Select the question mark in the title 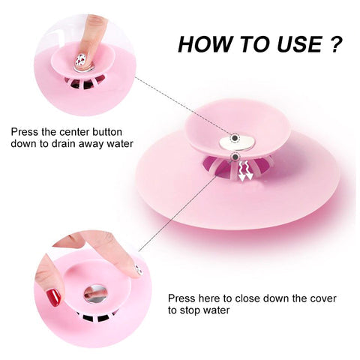pyautogui.click(x=335, y=44)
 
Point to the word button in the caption pyautogui.click(x=107, y=132)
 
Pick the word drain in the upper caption pyautogui.click(x=64, y=144)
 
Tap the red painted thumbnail pyautogui.click(x=53, y=298)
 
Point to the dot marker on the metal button pyautogui.click(x=235, y=138)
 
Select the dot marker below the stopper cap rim pyautogui.click(x=235, y=157)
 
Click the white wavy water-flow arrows pyautogui.click(x=245, y=171)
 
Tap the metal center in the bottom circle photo pyautogui.click(x=95, y=294)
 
